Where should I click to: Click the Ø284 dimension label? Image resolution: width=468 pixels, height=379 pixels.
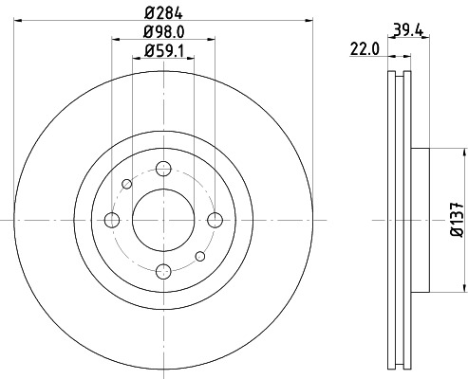click(163, 13)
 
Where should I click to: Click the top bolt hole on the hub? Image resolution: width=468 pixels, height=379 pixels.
click(163, 169)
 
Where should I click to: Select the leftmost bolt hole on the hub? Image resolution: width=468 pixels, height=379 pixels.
click(112, 220)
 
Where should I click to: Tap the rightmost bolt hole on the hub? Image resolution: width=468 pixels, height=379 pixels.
click(215, 220)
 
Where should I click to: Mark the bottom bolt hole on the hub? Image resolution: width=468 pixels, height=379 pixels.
click(163, 271)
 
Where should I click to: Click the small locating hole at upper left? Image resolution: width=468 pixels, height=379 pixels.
click(127, 184)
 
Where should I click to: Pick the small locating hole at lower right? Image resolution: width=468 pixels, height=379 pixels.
click(199, 256)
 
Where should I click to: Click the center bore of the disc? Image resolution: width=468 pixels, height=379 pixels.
click(163, 220)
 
